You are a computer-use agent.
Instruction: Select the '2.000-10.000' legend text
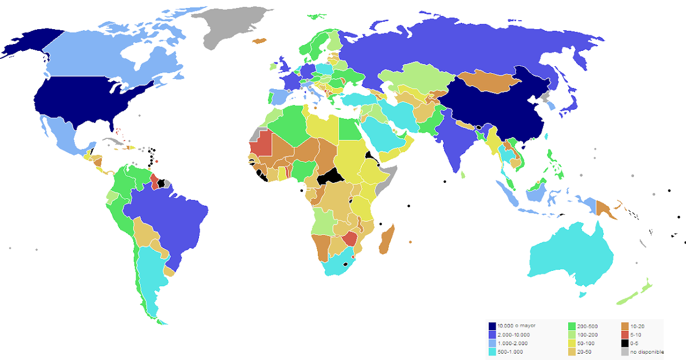[513, 334]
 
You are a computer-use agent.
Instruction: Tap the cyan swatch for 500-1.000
[492, 351]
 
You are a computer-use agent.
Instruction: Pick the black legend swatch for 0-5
[625, 343]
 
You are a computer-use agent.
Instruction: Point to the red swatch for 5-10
[625, 334]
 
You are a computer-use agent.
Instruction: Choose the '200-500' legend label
[584, 326]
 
